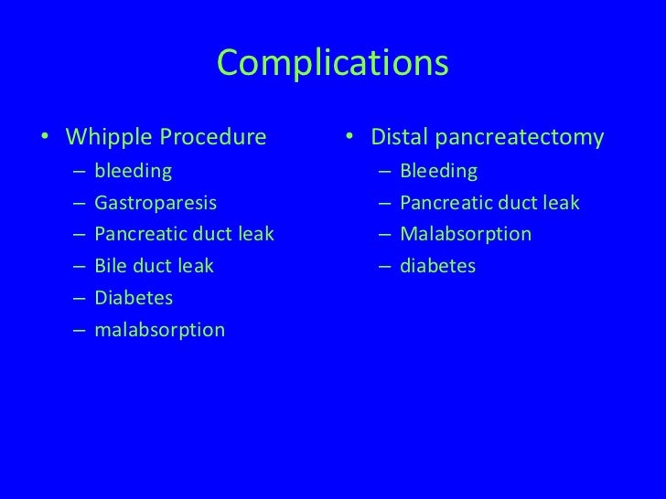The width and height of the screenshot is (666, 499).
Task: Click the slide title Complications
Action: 333,63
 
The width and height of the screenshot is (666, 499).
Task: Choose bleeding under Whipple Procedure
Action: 132,171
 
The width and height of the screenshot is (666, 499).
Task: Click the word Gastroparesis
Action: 156,203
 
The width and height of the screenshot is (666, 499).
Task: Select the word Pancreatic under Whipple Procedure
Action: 138,235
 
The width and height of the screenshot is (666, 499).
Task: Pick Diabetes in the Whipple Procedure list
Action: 133,298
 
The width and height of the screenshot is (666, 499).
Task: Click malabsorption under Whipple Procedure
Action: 158,329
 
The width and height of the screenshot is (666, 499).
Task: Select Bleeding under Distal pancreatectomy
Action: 438,171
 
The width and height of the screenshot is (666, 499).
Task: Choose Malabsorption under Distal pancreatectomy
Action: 465,235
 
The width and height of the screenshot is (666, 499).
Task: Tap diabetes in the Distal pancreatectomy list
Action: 437,266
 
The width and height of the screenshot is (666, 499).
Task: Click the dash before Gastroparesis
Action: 81,204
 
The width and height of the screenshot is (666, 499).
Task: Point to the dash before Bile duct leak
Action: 81,267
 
